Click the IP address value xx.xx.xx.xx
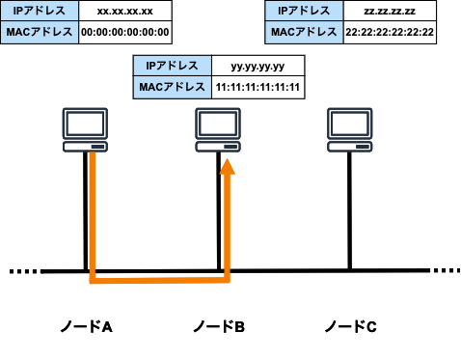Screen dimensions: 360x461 click(125, 13)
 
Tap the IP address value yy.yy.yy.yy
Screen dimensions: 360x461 click(258, 67)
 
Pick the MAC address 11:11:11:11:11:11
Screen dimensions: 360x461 click(258, 88)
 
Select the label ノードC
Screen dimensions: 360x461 click(350, 326)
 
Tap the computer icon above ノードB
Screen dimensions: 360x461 click(218, 131)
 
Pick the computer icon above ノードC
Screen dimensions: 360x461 click(350, 131)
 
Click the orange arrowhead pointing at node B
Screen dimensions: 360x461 click(227, 169)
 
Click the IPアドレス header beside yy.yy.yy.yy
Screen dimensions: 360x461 click(172, 67)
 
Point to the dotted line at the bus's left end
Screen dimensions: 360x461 click(24, 271)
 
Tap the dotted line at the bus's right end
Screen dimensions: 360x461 click(446, 271)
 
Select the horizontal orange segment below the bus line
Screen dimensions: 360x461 click(159, 282)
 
